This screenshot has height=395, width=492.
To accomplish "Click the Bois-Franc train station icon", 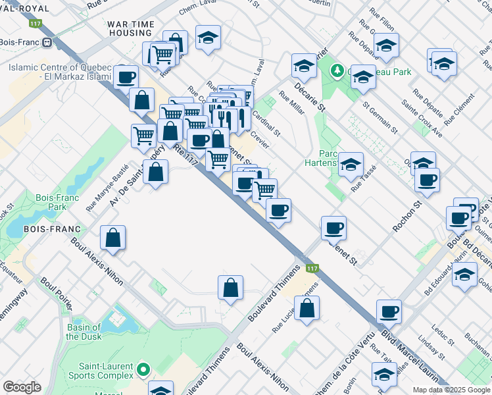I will [x=47, y=43].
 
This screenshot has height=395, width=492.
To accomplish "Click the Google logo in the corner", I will [x=22, y=387].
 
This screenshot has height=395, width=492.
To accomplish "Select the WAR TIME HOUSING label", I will [x=131, y=28].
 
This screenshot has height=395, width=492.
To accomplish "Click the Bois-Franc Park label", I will [x=53, y=201].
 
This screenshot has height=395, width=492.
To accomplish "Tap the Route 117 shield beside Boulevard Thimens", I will [x=312, y=269].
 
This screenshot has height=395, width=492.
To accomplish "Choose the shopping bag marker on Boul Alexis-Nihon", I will [x=113, y=238].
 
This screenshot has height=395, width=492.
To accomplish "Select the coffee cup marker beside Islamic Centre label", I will [x=126, y=77].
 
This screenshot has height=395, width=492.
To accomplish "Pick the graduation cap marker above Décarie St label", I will [x=304, y=65].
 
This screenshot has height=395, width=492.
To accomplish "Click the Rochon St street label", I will [x=406, y=217].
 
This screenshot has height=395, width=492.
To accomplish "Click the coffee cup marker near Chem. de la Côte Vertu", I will [x=389, y=311].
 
